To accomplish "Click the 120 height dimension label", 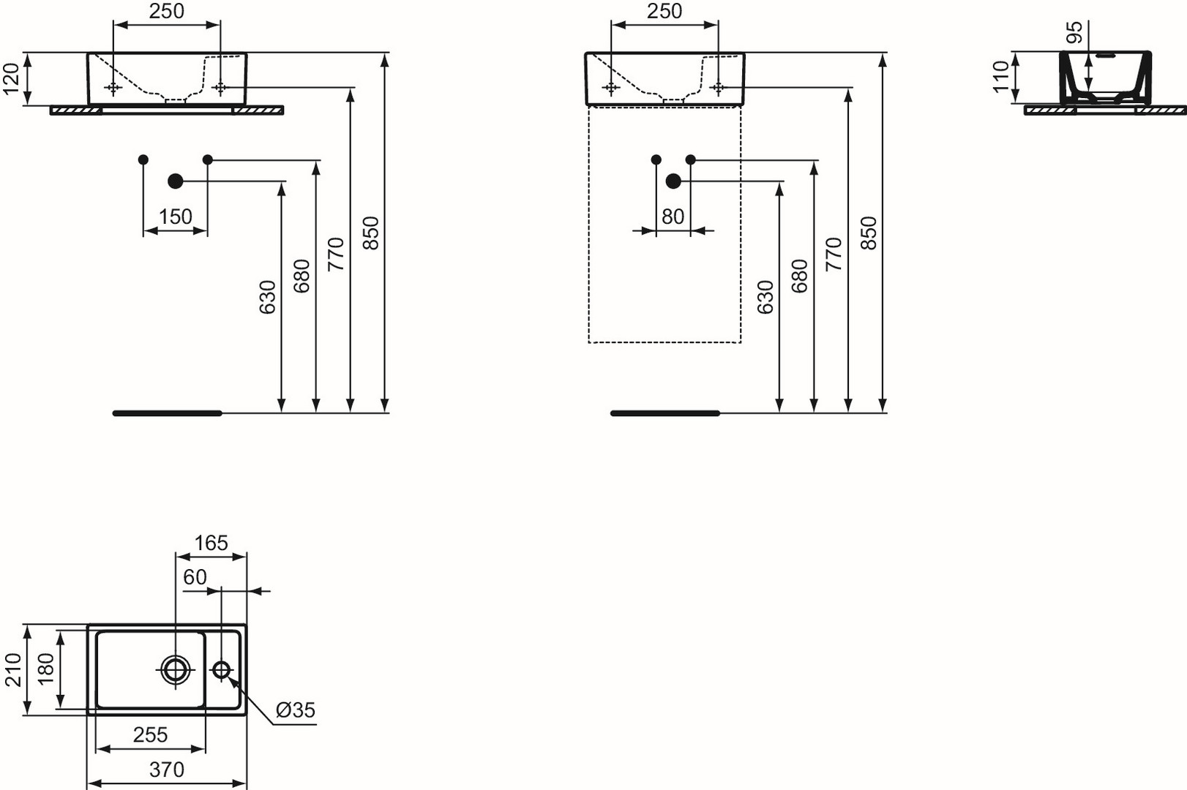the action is (x=12, y=78).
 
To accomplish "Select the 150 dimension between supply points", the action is (x=176, y=217).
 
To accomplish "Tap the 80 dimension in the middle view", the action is (x=673, y=217).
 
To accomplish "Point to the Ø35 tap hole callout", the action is (x=296, y=710).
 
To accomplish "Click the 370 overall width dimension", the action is (x=166, y=770).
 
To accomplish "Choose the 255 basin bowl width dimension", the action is (x=151, y=735).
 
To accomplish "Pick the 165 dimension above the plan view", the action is (x=211, y=543).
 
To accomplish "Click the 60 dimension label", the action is (x=195, y=577).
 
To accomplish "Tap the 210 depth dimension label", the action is (x=12, y=670).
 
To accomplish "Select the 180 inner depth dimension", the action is (x=46, y=669).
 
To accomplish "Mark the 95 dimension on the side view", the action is (x=1074, y=32).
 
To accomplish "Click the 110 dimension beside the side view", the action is (x=1002, y=77).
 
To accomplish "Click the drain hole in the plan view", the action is (x=175, y=670).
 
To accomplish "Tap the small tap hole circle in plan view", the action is (x=221, y=670).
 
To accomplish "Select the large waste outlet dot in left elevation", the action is (x=176, y=181).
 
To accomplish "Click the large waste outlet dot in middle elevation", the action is (x=673, y=181).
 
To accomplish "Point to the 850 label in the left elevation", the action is (x=371, y=233).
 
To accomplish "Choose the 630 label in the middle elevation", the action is (x=765, y=297).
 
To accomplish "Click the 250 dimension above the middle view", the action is (x=664, y=11).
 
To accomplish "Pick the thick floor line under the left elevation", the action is (x=168, y=413).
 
